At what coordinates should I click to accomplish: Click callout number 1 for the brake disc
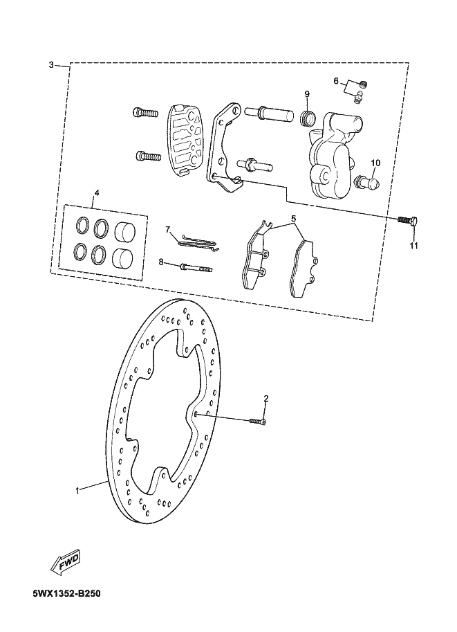77,490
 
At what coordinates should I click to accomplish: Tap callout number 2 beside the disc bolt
265,399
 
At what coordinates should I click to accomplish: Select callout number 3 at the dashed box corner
51,65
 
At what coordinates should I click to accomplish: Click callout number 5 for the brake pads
293,219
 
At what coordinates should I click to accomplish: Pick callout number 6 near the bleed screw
336,81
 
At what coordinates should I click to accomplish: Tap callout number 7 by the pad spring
167,229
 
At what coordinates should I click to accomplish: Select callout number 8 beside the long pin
161,262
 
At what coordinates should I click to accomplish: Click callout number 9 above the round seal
307,93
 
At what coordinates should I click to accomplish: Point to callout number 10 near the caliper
375,163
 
